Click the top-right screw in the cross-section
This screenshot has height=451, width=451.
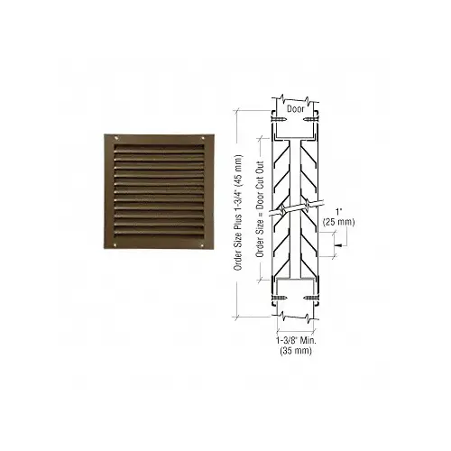click(314, 115)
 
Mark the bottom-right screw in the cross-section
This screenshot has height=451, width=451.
click(314, 298)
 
